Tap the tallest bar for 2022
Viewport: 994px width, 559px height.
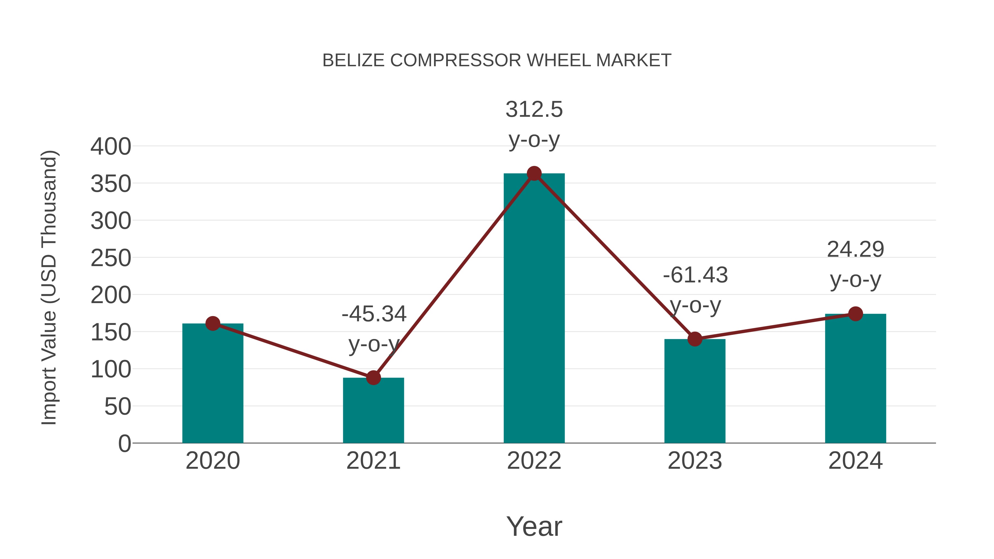534,309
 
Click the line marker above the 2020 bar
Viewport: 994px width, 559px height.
213,323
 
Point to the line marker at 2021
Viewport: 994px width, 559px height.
373,378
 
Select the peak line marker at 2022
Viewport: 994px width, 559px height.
534,174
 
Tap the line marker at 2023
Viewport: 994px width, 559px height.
695,339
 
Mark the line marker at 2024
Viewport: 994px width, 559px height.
855,314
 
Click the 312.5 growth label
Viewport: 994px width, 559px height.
534,110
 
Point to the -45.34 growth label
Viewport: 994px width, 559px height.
374,314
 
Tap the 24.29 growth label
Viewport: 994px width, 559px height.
855,250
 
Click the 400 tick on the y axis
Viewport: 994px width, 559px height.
111,147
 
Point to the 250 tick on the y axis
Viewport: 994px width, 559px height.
111,258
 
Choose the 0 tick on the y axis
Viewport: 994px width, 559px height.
124,444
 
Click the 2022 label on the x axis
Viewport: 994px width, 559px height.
534,461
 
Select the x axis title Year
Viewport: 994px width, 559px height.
534,526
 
